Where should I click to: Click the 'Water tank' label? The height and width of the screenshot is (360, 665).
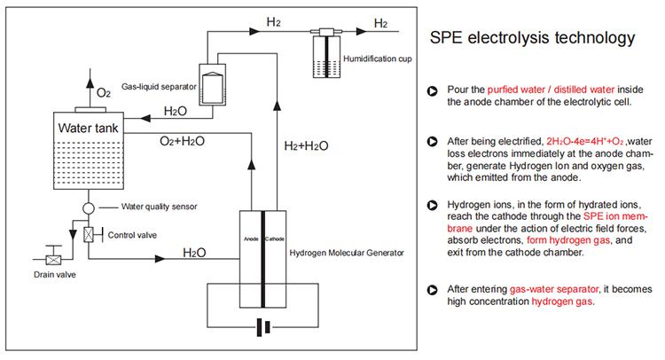(89, 128)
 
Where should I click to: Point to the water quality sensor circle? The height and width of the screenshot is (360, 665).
(89, 208)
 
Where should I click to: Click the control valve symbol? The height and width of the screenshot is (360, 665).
(89, 235)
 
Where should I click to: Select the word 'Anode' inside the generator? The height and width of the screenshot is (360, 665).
(250, 239)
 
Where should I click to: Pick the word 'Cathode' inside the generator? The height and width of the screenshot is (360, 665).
(275, 239)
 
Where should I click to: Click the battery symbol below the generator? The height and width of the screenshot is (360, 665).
(262, 327)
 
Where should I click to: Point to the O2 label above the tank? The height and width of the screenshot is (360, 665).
(104, 92)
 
